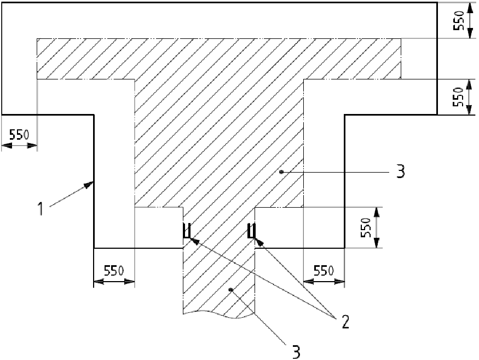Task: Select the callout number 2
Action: tap(344, 322)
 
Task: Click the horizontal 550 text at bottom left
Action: tap(113, 271)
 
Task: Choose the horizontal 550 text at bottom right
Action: tap(323, 271)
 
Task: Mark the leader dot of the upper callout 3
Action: tap(281, 172)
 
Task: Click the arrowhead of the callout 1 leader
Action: tap(90, 185)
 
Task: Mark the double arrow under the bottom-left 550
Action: tap(114, 282)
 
